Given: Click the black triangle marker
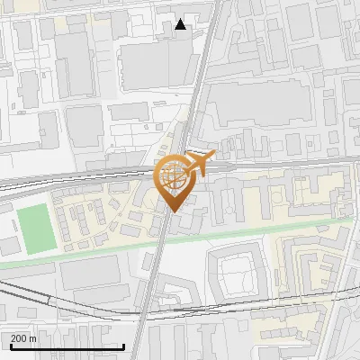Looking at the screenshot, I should coord(181,24).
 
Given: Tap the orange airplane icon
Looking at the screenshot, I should coord(199,164).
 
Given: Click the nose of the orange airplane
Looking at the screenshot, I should coord(214,155).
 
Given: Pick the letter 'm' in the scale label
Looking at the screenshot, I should coord(32,337).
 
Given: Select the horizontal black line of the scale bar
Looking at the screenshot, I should coord(67,346).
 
